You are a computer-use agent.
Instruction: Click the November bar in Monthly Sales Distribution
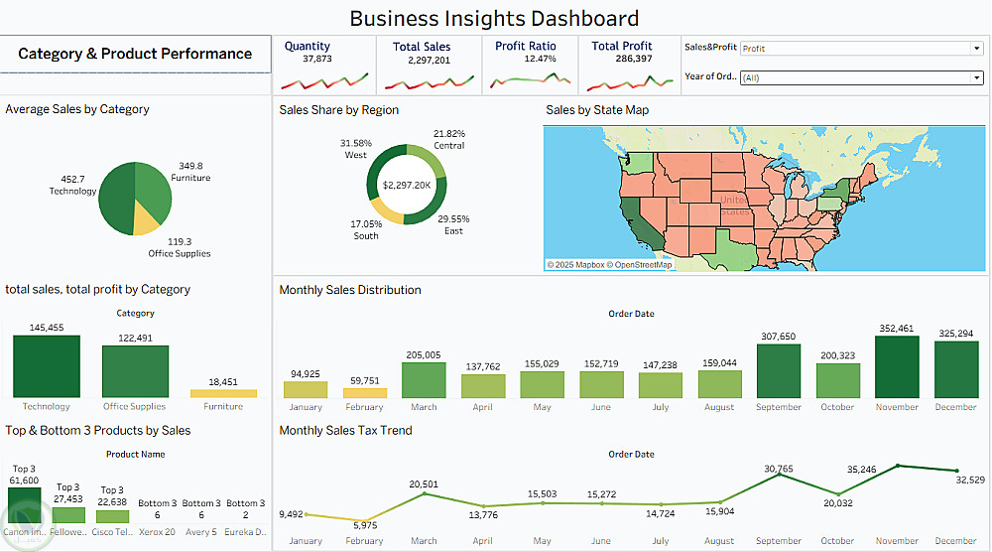[x=897, y=367]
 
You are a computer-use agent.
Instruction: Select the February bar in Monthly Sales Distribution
[x=364, y=393]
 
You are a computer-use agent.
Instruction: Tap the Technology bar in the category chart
[x=47, y=367]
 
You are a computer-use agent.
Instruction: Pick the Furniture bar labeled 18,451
[x=223, y=393]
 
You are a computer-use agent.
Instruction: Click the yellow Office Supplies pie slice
[x=146, y=218]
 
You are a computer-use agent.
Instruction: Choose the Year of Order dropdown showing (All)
[x=860, y=77]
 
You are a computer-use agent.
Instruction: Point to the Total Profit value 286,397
[x=622, y=60]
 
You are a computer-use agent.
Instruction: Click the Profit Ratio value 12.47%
[x=540, y=59]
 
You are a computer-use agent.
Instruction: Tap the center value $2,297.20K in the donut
[x=407, y=185]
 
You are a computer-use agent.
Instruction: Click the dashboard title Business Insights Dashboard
[x=494, y=18]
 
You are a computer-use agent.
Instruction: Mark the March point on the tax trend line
[x=424, y=493]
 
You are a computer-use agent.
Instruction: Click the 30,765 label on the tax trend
[x=779, y=469]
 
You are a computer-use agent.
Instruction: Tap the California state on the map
[x=635, y=218]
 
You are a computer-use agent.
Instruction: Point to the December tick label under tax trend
[x=955, y=541]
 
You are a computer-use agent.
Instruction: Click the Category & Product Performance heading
[x=135, y=54]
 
